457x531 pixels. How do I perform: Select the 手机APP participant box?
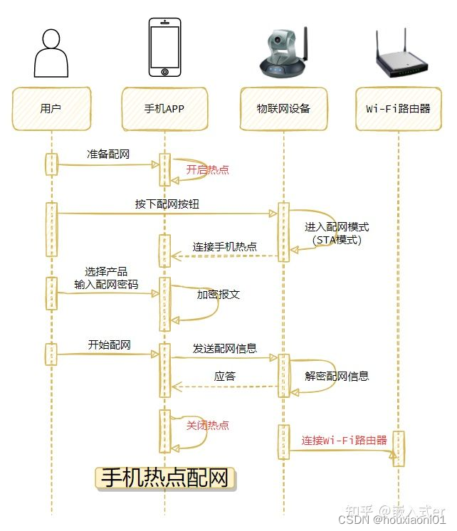[x=164, y=109]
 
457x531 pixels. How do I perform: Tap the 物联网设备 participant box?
[x=283, y=109]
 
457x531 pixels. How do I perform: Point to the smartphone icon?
[x=164, y=47]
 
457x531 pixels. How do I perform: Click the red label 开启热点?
[x=207, y=169]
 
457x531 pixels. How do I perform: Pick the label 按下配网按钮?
[x=167, y=204]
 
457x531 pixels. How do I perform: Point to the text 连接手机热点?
[x=224, y=247]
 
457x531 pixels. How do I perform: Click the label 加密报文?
[x=219, y=294]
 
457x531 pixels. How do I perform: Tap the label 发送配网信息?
[x=224, y=349]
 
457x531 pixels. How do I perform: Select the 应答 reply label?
[x=225, y=377]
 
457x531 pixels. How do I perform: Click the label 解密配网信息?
[x=337, y=376]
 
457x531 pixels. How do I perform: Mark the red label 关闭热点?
[x=207, y=425]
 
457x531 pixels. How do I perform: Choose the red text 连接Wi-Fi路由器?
[x=344, y=440]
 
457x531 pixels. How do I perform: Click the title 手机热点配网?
[x=165, y=478]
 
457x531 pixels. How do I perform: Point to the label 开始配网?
[x=109, y=345]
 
